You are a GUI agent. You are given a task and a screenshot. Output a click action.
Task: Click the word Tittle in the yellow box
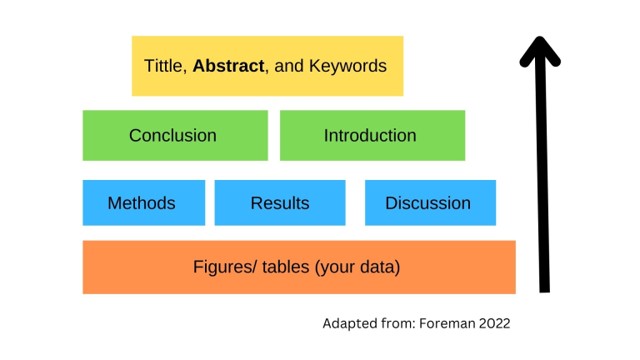165,66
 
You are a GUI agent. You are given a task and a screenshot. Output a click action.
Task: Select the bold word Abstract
228,66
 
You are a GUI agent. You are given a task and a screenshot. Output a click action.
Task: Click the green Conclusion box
175,135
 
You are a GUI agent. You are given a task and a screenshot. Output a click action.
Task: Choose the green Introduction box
372,135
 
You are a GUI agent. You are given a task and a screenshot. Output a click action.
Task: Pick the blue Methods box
143,202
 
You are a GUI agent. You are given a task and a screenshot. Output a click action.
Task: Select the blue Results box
280,202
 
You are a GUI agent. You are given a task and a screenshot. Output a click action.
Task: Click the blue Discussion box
430,202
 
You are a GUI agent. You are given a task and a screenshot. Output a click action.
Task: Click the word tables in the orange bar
277,267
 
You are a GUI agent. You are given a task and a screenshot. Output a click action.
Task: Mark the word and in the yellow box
287,66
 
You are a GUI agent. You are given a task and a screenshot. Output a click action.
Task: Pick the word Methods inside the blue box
142,203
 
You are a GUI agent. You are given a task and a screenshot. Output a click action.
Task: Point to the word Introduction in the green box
370,135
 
